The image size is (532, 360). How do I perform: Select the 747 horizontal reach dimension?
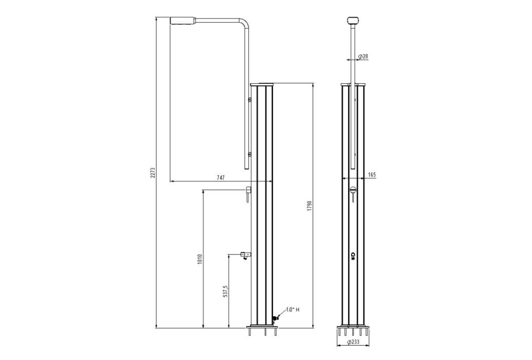220,177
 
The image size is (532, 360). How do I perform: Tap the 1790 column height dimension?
309,206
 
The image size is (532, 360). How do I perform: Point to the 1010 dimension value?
199,260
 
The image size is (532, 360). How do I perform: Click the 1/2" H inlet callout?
293,310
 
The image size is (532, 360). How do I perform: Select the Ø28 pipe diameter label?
363,56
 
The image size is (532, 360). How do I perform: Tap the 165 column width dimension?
372,174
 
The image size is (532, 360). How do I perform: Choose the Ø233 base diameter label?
354,343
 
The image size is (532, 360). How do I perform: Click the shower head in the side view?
182,21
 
